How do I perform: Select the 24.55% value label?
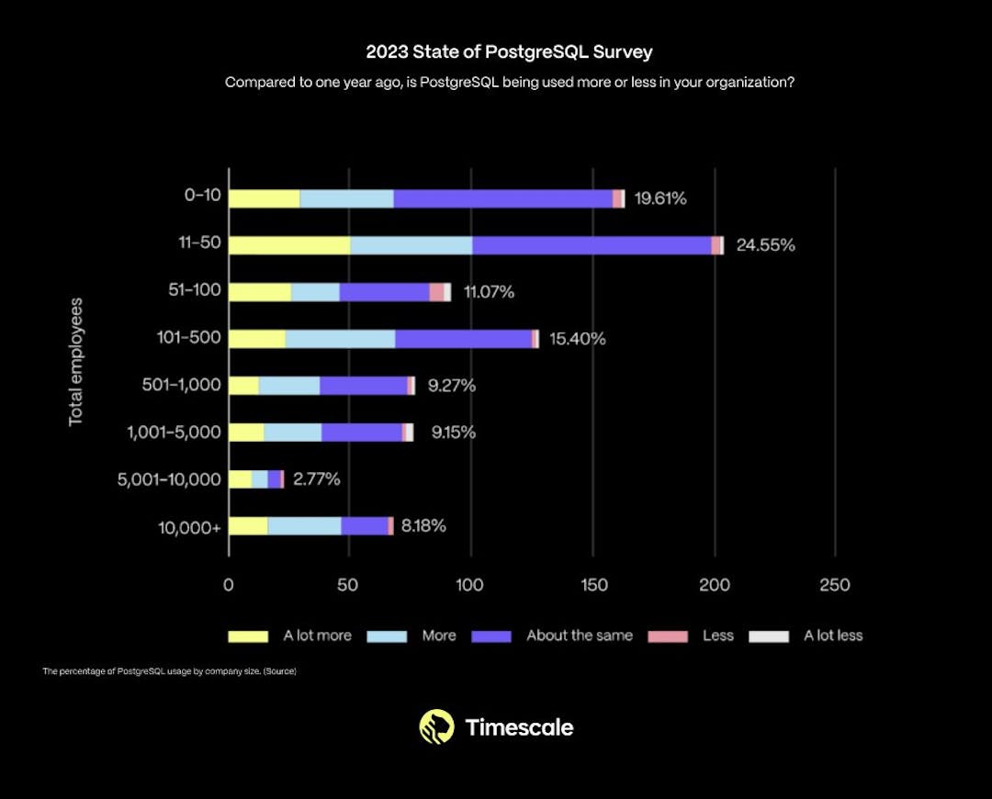coord(765,245)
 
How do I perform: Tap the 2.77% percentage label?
coord(316,479)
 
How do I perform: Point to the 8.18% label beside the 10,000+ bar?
coord(423,526)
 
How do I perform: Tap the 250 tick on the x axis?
coord(835,585)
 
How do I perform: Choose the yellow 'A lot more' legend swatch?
coord(248,636)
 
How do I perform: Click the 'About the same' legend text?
coord(579,636)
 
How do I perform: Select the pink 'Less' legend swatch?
coord(668,636)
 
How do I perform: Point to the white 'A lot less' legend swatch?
coord(769,636)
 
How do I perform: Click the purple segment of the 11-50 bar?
coord(592,245)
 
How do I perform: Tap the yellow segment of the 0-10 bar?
coord(264,198)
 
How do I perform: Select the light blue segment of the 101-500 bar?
coord(340,339)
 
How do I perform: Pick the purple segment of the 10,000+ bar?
coord(365,526)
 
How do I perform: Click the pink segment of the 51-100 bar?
coord(436,292)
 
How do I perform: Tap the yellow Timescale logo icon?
coord(436,726)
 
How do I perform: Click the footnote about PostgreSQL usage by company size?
coord(169,671)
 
